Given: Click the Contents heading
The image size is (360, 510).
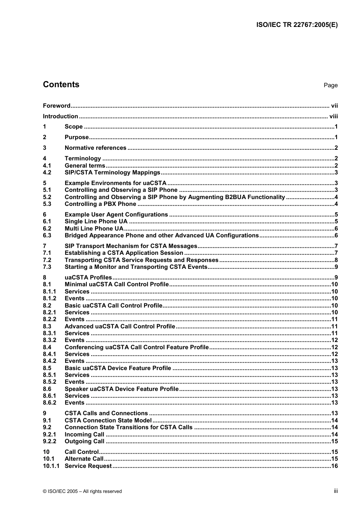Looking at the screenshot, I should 61,85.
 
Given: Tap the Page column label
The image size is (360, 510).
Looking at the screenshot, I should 330,85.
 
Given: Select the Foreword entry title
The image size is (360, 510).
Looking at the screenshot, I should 56,106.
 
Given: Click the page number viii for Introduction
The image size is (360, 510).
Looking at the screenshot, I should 333,116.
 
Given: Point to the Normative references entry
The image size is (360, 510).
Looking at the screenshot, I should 95,148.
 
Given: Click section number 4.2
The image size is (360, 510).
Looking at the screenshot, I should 47,173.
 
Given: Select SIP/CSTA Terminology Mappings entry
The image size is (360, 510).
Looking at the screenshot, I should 112,173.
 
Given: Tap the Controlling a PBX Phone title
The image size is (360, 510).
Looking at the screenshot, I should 100,204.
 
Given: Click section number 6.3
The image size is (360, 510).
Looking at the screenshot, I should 47,235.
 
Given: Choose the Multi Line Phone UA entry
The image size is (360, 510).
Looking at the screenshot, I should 94,229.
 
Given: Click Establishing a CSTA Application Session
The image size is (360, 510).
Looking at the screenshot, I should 124,253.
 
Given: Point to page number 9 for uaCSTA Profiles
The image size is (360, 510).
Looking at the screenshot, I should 336,278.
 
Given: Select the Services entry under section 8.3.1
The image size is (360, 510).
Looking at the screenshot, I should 77,333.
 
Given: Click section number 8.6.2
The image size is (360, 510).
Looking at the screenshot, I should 49,403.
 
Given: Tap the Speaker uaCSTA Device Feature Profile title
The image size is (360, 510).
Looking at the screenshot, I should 121,389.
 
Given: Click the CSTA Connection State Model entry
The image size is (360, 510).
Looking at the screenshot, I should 108,421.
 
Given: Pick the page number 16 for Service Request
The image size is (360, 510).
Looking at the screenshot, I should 334,466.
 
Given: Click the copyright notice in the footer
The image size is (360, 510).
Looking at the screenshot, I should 82,491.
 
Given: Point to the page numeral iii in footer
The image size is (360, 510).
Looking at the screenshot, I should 335,491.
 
